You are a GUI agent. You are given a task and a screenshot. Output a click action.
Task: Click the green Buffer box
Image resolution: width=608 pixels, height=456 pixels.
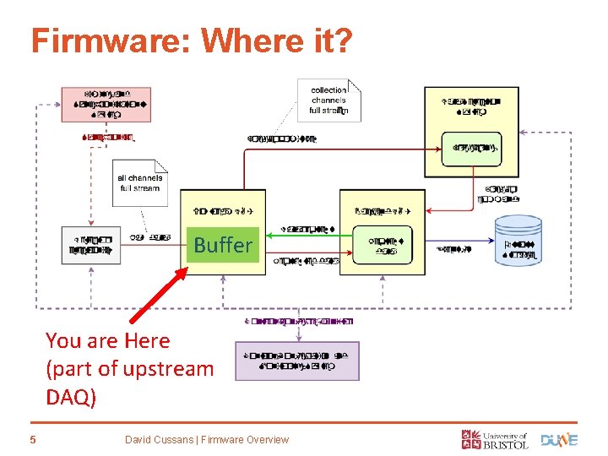(223, 245)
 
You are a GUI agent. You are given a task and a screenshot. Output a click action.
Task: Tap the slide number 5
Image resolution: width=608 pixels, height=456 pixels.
(33, 439)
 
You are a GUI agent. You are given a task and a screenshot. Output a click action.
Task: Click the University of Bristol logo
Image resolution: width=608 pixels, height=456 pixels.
(495, 438)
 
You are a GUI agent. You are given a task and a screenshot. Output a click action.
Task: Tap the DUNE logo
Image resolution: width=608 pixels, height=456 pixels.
(559, 439)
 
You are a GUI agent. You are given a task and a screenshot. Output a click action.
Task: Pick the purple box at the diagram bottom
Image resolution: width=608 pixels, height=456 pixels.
(296, 361)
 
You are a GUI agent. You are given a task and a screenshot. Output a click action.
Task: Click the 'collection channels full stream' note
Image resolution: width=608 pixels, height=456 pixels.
(328, 100)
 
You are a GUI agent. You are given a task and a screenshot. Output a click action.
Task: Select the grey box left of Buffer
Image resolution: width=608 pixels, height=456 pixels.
(91, 245)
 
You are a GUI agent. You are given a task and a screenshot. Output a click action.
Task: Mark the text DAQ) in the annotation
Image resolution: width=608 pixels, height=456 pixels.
(72, 396)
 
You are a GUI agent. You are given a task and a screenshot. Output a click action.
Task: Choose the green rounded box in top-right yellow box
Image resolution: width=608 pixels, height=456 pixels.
(471, 149)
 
